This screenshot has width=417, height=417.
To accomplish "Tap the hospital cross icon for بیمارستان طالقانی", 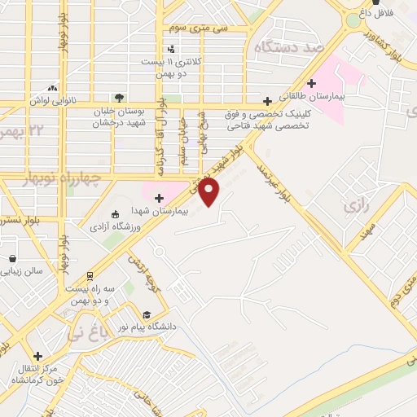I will [x=311, y=82].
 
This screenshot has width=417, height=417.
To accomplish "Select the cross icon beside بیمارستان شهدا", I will [x=159, y=197].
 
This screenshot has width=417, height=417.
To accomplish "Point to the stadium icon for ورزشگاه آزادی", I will [x=115, y=214].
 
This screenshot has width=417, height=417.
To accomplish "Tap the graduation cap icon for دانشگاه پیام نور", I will [x=147, y=315].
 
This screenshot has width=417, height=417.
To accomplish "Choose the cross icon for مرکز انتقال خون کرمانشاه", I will [x=38, y=356].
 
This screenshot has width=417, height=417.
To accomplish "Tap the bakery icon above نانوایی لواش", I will [x=53, y=88].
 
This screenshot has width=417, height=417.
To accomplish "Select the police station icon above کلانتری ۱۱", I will [x=170, y=49].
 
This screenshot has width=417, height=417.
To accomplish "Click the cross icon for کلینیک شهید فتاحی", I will [x=266, y=101].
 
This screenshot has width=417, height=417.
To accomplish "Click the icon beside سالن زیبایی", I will [x=13, y=258].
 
